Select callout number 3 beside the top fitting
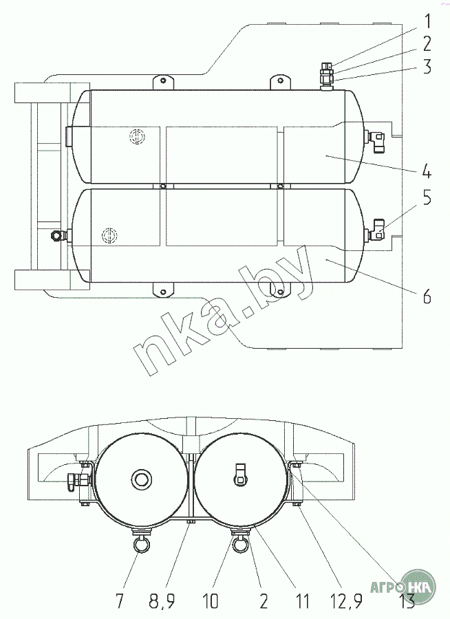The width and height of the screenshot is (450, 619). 427,67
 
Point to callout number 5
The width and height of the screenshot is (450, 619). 427,198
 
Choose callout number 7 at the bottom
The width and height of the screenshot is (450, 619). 119,601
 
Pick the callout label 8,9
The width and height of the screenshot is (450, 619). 162,602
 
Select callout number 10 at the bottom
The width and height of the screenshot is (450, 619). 210,601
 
